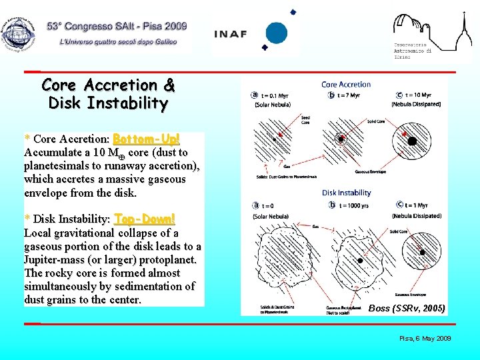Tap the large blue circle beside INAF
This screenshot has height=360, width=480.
pos(276,33)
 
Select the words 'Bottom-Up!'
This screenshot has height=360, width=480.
pos(146,139)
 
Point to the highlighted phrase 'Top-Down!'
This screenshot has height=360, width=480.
pos(145,219)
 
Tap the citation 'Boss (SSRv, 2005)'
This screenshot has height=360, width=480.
pos(407,308)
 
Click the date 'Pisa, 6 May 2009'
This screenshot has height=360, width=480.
pos(425,339)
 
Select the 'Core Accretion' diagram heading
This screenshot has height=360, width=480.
pos(346,85)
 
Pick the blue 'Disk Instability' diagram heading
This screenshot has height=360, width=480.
pos(347,193)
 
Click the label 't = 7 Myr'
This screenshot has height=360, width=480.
pos(347,95)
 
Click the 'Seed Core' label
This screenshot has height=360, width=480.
pos(305,120)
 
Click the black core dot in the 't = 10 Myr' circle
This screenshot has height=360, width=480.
pos(405,134)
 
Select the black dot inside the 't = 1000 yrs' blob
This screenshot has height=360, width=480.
pos(359,260)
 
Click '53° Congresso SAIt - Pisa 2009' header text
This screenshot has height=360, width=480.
pos(117,27)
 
